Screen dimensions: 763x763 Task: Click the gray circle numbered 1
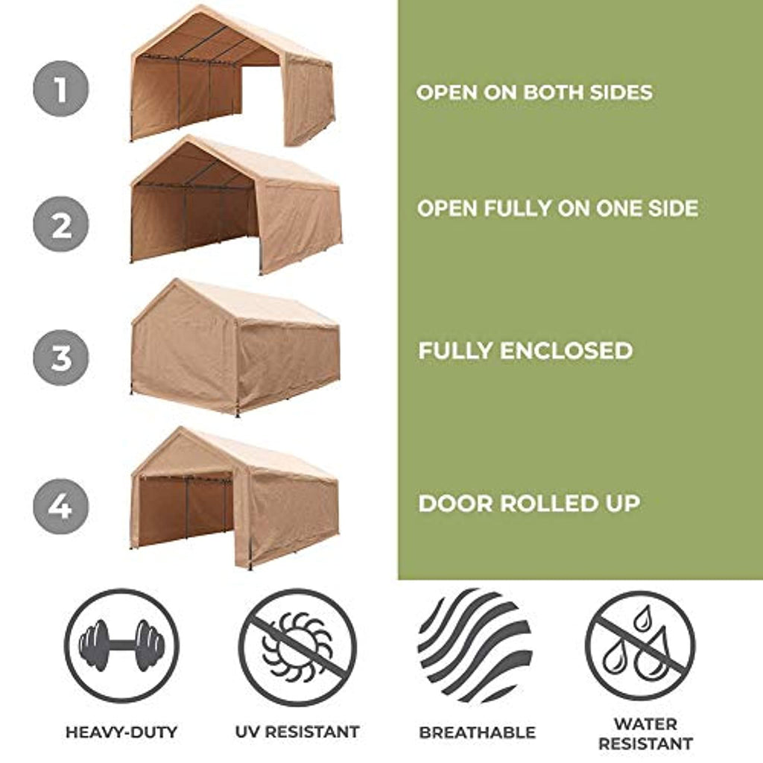tap(61, 89)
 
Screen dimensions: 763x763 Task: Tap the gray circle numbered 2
tap(61, 224)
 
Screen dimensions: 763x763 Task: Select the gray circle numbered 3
tap(61, 358)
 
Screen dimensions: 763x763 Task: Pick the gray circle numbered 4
tap(61, 506)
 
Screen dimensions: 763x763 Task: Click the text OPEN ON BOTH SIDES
tap(534, 92)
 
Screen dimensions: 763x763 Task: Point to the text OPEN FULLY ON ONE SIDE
tap(557, 209)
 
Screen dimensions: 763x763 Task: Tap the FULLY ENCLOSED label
tap(525, 351)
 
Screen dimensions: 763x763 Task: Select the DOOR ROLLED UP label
tap(529, 504)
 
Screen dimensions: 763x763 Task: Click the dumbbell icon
tap(121, 646)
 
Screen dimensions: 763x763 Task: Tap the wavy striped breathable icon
tap(475, 645)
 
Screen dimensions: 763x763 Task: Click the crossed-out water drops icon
tap(640, 646)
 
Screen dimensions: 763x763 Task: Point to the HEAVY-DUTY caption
tap(121, 732)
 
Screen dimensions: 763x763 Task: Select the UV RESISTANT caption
tap(297, 732)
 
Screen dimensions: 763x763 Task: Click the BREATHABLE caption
tap(478, 732)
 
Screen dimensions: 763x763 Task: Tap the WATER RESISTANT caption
tap(646, 734)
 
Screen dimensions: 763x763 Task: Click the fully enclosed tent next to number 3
tap(235, 347)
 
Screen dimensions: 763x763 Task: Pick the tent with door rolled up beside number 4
tap(235, 497)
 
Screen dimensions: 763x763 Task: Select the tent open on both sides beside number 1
tap(232, 75)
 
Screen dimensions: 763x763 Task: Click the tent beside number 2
tap(236, 205)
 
